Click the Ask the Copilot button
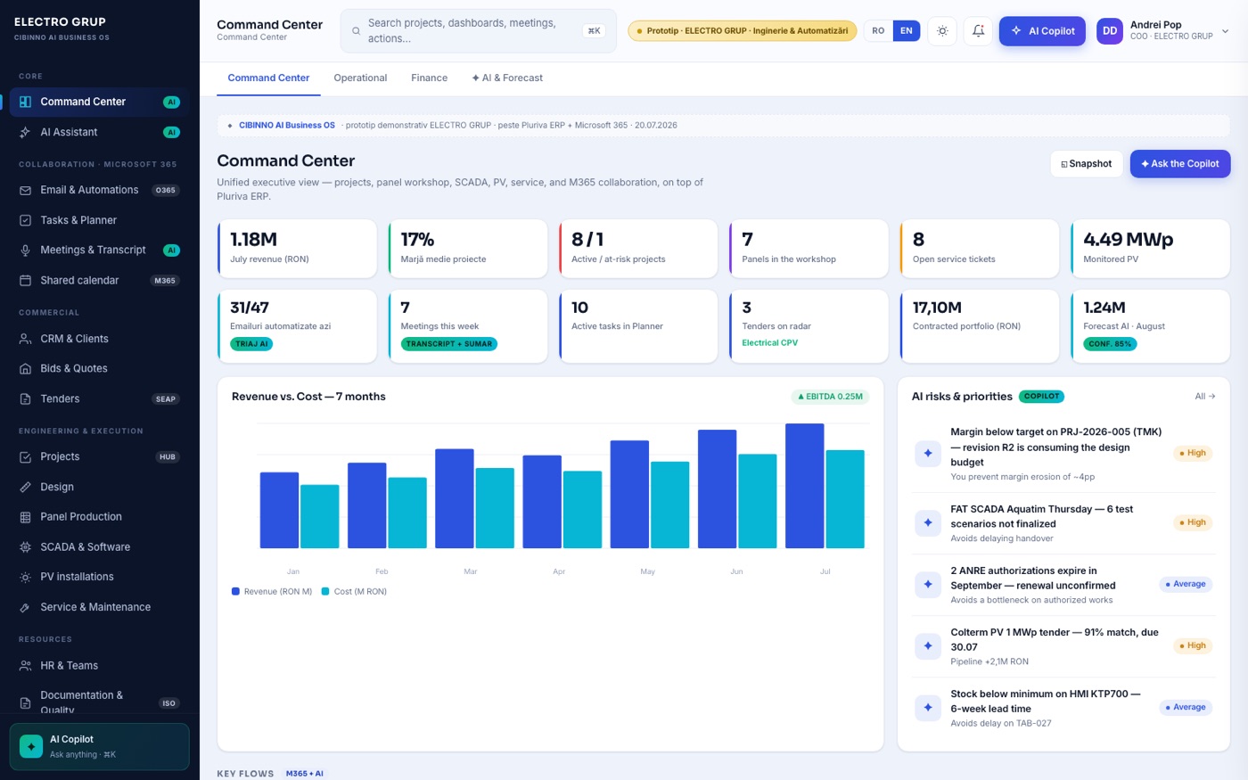click(x=1180, y=164)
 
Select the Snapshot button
click(x=1087, y=164)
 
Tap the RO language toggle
click(x=878, y=30)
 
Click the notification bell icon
click(x=978, y=30)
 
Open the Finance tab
click(x=429, y=78)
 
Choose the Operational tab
click(x=360, y=78)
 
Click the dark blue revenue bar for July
click(x=804, y=486)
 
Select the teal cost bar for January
click(x=320, y=516)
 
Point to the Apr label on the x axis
click(x=559, y=571)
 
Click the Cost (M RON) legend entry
click(x=355, y=592)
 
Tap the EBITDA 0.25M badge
click(x=830, y=397)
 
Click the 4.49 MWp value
click(x=1129, y=240)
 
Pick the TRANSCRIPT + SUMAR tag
click(x=449, y=344)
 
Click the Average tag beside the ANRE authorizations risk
click(x=1186, y=584)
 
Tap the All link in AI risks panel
click(x=1205, y=396)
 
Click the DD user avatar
click(x=1109, y=30)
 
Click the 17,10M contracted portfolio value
click(x=937, y=308)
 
